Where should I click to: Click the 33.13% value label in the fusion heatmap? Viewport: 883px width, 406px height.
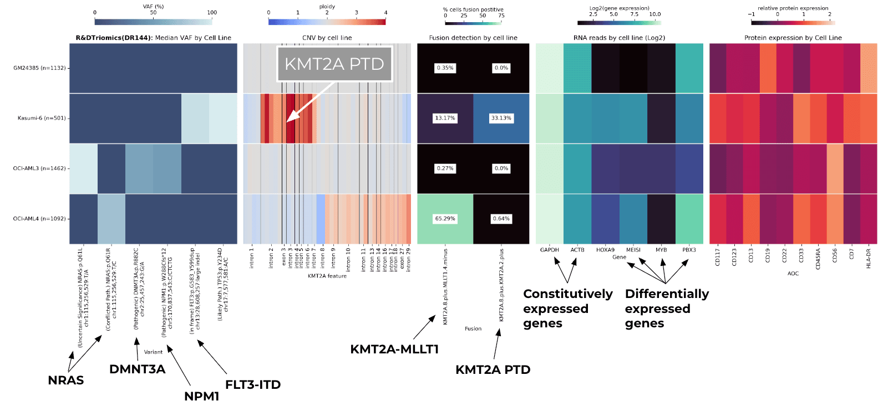501,118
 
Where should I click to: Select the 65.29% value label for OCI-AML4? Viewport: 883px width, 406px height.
445,219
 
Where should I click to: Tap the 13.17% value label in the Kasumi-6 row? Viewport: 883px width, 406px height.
445,118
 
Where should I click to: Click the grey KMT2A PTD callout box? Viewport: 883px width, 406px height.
334,64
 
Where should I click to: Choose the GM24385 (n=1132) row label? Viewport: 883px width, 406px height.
39,68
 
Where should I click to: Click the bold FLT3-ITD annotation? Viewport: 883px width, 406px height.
253,384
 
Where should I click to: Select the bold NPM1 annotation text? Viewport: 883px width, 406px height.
202,396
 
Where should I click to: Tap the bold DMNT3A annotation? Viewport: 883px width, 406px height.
137,369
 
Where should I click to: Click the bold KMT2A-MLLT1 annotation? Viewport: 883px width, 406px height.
394,349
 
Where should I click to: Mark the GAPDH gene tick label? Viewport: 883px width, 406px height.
550,250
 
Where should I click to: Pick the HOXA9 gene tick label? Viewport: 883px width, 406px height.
605,250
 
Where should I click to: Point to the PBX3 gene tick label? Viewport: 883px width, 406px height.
689,250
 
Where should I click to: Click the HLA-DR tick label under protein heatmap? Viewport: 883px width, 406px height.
869,258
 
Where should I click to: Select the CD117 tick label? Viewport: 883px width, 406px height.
718,256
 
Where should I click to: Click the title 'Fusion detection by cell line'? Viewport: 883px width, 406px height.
473,38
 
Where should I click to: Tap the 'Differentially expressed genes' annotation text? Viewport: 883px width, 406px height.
667,309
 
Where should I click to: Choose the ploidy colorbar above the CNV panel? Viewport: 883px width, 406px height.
327,22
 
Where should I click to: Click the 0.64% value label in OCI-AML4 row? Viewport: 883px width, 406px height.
501,219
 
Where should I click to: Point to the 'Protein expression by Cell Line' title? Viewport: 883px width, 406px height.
793,38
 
